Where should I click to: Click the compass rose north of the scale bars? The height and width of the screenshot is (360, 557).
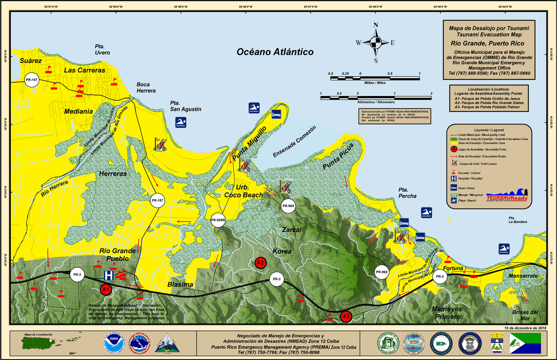click(376, 43)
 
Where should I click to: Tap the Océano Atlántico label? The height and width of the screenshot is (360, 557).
click(275, 52)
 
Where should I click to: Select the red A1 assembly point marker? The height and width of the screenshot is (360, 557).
click(106, 289)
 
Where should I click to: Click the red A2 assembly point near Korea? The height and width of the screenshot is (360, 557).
click(260, 263)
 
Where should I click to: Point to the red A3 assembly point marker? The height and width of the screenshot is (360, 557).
click(346, 317)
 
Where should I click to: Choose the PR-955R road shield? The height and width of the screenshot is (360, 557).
click(218, 220)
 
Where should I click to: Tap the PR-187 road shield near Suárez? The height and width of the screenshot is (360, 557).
click(32, 80)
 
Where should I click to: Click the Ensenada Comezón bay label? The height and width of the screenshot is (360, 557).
click(294, 142)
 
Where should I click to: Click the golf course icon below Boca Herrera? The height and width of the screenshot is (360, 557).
click(161, 143)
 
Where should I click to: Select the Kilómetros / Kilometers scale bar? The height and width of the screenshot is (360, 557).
click(376, 98)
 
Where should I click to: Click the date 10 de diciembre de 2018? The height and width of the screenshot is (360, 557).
click(525, 327)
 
